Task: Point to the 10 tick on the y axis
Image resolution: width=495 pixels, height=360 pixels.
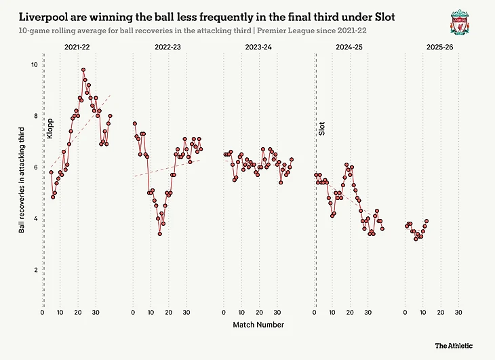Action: (34, 65)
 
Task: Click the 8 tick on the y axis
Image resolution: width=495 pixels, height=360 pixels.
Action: (36, 116)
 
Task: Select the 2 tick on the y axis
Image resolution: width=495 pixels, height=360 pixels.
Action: (36, 270)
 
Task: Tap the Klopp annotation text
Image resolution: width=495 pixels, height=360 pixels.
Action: (49, 129)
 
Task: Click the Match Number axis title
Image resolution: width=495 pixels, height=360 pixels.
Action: (258, 325)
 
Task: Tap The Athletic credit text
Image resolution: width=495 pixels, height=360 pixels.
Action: (454, 345)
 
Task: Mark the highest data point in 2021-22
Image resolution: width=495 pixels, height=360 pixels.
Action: (83, 69)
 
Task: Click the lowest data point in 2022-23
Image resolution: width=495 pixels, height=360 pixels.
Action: (160, 234)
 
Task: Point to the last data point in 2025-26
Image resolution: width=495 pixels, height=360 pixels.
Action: (427, 221)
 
